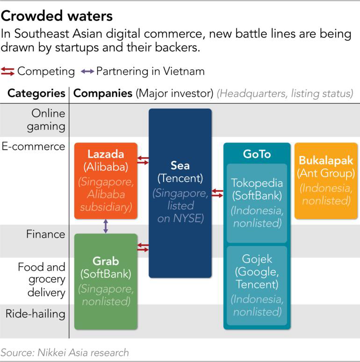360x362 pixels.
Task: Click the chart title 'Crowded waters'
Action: point(57,16)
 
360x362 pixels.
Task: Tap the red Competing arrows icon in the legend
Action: point(8,72)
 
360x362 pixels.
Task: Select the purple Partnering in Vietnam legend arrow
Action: point(87,72)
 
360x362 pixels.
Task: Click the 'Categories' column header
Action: point(36,93)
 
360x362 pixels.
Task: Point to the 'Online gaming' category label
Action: point(48,120)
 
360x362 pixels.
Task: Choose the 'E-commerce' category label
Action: point(33,146)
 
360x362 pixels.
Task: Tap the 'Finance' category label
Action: point(45,234)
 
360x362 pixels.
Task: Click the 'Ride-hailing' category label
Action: point(36,313)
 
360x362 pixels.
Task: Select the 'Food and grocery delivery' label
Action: point(42,280)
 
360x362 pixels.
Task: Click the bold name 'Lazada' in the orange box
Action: point(106,154)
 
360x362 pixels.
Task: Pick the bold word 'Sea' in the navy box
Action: point(180,166)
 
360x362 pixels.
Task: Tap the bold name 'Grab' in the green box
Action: point(106,261)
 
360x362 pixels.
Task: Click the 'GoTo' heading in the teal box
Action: point(257,154)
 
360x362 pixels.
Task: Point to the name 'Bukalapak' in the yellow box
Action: point(325,161)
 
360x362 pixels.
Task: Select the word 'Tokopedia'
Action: point(257,183)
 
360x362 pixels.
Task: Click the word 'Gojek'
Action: point(257,259)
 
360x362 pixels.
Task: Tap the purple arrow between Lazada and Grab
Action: point(106,226)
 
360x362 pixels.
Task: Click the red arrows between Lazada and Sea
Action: point(143,160)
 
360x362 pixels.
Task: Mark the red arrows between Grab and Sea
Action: point(143,247)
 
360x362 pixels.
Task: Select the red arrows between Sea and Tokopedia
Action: point(217,193)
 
